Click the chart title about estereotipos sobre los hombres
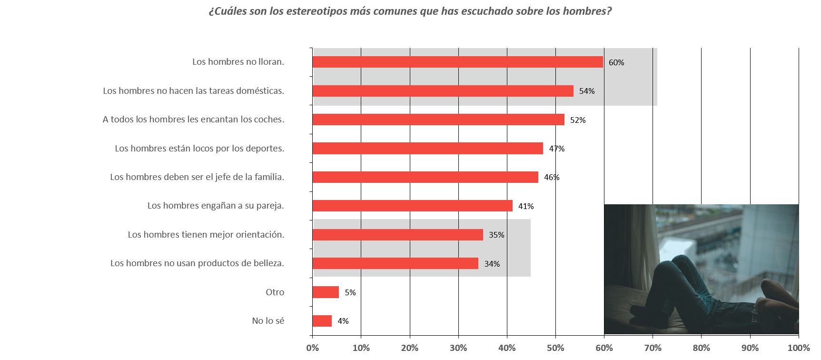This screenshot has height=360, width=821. coord(410,11)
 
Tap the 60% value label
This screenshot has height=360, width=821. coord(616,62)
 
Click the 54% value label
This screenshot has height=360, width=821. coord(587,91)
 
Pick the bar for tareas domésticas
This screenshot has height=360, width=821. coord(443,91)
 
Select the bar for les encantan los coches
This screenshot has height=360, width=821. coord(438,120)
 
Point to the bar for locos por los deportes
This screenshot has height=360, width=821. coord(428,149)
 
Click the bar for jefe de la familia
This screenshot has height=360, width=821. coord(425,177)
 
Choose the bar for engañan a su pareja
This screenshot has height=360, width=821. coord(413,206)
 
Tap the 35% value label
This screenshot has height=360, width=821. coord(496,235)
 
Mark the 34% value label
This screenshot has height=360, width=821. coord(492,264)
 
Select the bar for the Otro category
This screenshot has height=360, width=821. coord(326,292)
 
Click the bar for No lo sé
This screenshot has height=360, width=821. coord(322,321)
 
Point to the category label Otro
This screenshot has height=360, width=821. coord(275,292)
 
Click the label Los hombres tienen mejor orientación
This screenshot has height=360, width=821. coord(206,235)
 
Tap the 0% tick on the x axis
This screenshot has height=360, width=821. coord(313,348)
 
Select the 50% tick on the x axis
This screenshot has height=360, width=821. coord(555,348)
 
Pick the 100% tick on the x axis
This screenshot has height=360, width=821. coord(799,348)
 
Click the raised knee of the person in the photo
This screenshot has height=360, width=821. coord(678,260)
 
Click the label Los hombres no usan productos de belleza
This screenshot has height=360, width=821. coord(197,263)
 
